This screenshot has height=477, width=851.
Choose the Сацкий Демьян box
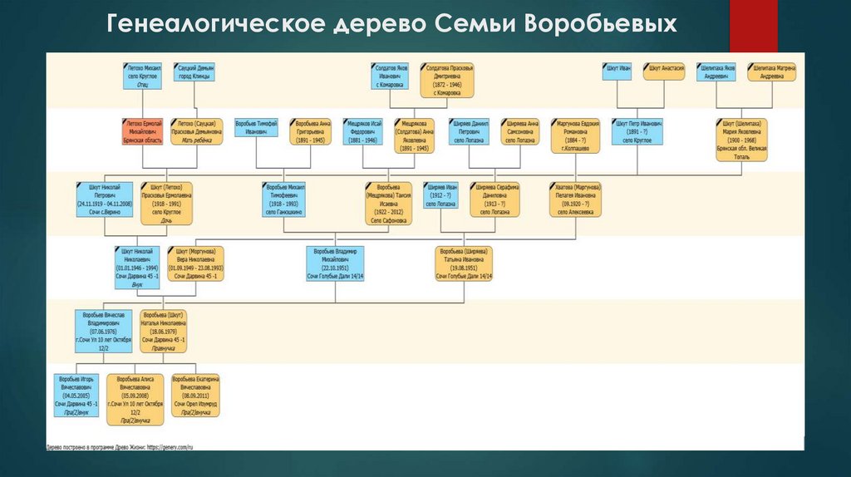click(x=194, y=71)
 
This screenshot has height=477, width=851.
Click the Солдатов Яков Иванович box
click(x=390, y=75)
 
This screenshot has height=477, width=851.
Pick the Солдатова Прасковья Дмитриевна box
click(x=447, y=75)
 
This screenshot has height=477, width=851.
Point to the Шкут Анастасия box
click(x=667, y=70)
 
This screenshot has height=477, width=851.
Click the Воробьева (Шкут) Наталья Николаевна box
click(x=163, y=331)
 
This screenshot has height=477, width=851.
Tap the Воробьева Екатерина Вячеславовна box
click(x=196, y=394)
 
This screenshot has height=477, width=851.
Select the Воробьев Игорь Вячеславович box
click(x=77, y=396)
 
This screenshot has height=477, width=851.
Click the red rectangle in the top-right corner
click(x=753, y=25)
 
